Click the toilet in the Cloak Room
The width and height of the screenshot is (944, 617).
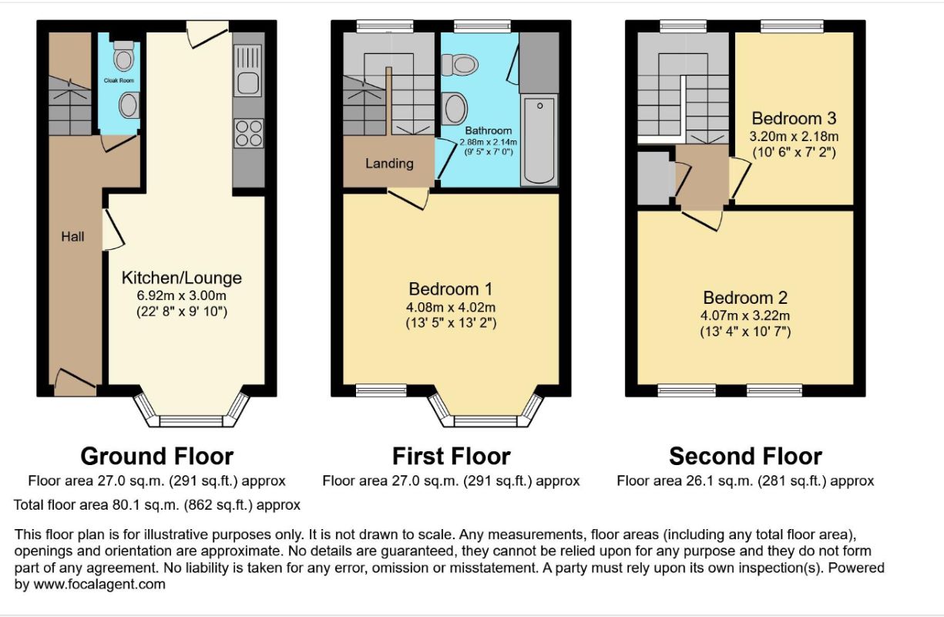tap(123, 56)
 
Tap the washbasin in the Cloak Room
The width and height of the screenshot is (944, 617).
tap(129, 105)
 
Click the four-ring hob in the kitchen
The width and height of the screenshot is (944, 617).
tap(249, 133)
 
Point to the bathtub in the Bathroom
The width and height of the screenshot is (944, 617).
tap(539, 140)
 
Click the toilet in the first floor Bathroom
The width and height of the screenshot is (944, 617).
tap(460, 65)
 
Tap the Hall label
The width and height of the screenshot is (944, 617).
tap(72, 237)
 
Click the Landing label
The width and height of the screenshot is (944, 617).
tap(389, 164)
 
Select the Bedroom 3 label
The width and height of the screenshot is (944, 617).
tap(794, 119)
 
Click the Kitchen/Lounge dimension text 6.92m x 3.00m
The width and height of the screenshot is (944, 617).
tap(181, 295)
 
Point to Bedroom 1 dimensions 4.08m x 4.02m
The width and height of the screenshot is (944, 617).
tap(451, 307)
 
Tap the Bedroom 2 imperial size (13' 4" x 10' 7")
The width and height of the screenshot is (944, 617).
tap(745, 332)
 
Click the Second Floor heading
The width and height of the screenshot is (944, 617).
tap(745, 457)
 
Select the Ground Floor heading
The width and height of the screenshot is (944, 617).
tap(156, 457)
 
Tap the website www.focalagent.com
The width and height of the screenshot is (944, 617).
tap(99, 585)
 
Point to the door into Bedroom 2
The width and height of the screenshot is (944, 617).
tap(702, 221)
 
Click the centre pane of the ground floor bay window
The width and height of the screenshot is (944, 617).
tap(191, 421)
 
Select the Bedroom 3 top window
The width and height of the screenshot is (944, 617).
tap(792, 26)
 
